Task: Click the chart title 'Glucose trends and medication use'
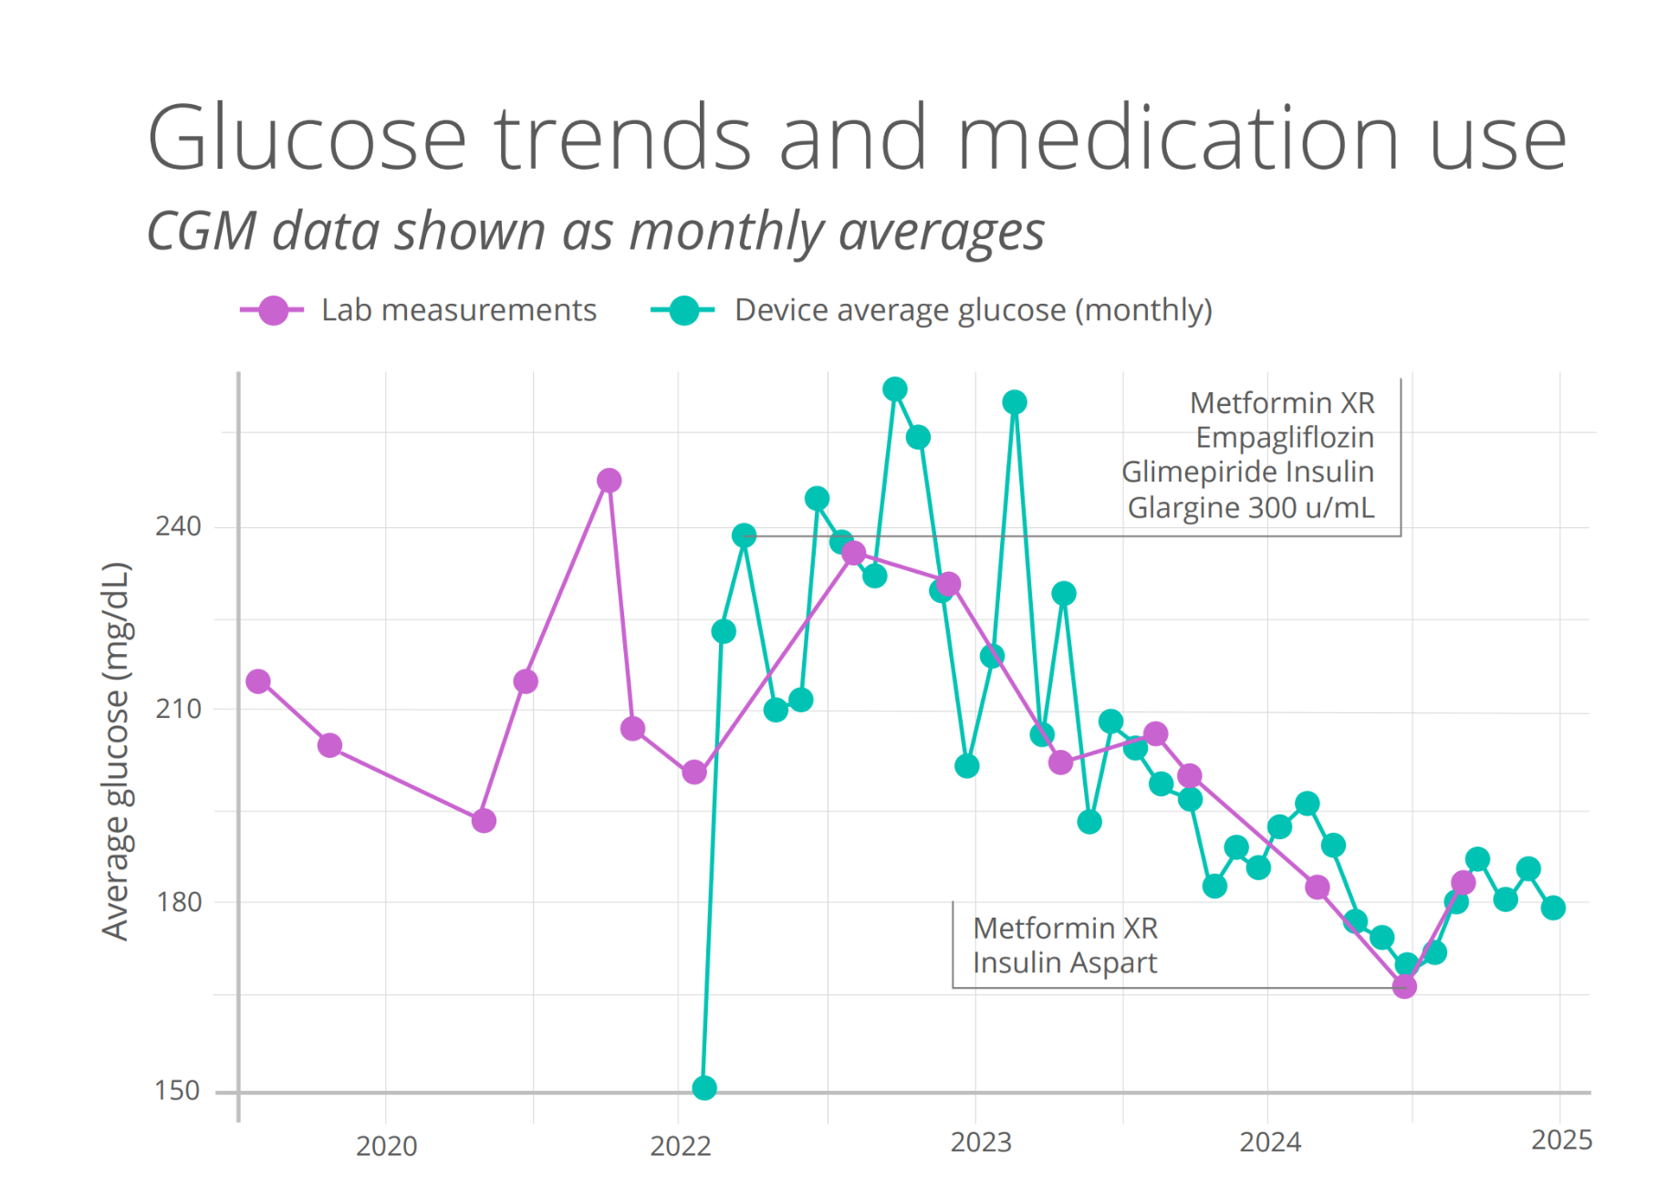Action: click(856, 139)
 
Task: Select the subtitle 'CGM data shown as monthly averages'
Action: click(595, 231)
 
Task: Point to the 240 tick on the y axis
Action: click(178, 526)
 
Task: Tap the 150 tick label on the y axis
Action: click(177, 1090)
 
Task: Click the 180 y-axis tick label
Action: click(178, 901)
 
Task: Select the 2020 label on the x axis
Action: click(386, 1146)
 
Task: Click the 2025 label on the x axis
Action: click(1561, 1140)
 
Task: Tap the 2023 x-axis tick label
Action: click(981, 1142)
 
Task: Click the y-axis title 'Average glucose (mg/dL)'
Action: click(116, 751)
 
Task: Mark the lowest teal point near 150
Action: click(704, 1087)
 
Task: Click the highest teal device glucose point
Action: click(895, 389)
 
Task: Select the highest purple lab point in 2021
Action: click(610, 480)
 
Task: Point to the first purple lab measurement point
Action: click(258, 681)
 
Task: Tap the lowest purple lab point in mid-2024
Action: click(1404, 986)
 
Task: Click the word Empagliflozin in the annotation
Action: click(1285, 438)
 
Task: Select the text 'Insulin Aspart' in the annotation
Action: click(1065, 962)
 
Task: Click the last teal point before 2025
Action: click(1553, 908)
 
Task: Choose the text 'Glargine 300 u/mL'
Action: click(1250, 507)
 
